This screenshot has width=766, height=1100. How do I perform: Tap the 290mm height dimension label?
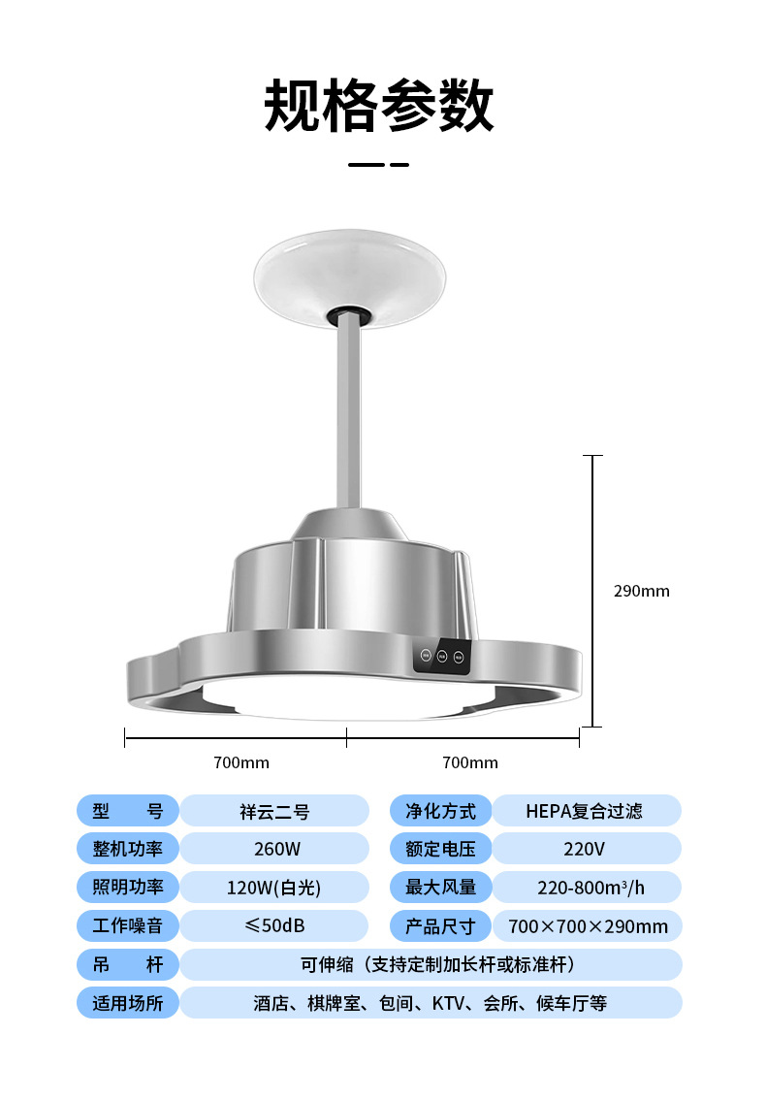(x=641, y=591)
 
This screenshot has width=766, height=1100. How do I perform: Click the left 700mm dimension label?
(x=241, y=762)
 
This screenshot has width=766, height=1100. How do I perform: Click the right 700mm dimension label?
(x=470, y=762)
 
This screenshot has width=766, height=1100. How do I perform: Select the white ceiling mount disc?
(x=349, y=275)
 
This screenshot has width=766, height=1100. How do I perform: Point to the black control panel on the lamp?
(x=442, y=656)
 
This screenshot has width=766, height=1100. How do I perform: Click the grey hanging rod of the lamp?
(x=349, y=414)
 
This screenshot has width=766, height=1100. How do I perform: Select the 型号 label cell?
(x=128, y=811)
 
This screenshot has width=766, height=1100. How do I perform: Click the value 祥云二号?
(x=274, y=812)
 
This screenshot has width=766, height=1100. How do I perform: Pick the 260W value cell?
(x=274, y=849)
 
